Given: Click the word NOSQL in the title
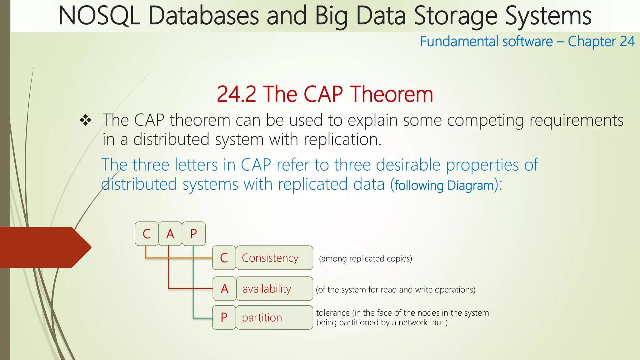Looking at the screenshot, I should pos(99,16).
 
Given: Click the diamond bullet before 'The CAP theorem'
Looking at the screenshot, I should pos(85,120).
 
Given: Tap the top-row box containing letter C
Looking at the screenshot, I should pos(147,234).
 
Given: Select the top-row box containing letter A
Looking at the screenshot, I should pos(170,234).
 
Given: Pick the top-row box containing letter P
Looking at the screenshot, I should pos(194,234).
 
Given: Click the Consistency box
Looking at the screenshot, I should pos(274,258).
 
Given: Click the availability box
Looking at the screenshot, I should pos(274,289).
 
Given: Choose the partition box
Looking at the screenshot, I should pos(274,317).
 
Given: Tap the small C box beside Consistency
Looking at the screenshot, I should pos(224,258).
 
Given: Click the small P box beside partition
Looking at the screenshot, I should pos(224,317).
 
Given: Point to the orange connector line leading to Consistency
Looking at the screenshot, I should pos(178,258).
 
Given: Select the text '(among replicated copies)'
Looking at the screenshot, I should pos(365,259).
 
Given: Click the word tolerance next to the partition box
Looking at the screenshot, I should pos(332,313).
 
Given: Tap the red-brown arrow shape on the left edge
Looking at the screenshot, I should pos(44,247).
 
